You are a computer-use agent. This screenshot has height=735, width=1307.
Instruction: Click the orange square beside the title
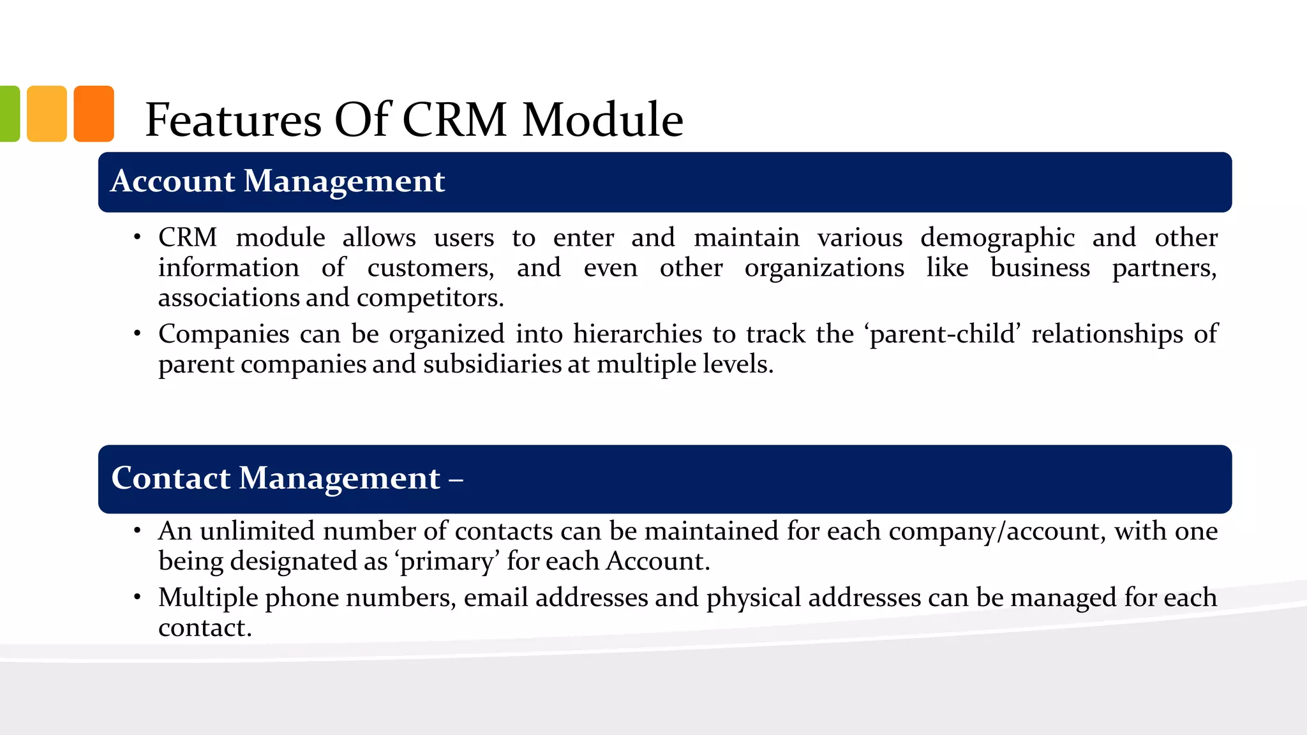click(94, 114)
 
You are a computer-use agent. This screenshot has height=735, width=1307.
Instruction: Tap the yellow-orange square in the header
click(47, 114)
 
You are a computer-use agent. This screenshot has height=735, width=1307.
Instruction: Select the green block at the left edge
click(9, 114)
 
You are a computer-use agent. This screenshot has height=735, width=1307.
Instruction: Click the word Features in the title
click(234, 120)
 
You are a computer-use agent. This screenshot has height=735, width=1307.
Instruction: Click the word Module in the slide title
click(602, 120)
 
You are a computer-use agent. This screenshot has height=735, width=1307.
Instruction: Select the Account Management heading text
click(278, 181)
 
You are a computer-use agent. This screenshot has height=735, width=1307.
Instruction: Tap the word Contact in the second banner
click(170, 478)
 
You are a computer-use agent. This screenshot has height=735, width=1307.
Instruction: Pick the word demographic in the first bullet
click(997, 239)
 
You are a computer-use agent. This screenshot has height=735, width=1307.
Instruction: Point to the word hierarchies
click(638, 334)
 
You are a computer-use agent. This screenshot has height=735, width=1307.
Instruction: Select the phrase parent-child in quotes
click(943, 334)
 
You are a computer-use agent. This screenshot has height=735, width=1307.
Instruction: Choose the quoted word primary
click(446, 562)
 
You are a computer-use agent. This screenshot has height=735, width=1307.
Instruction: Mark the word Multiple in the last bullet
click(207, 598)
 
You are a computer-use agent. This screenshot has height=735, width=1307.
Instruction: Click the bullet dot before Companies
click(137, 333)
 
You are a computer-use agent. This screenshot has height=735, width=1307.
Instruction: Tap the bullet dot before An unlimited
click(137, 530)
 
